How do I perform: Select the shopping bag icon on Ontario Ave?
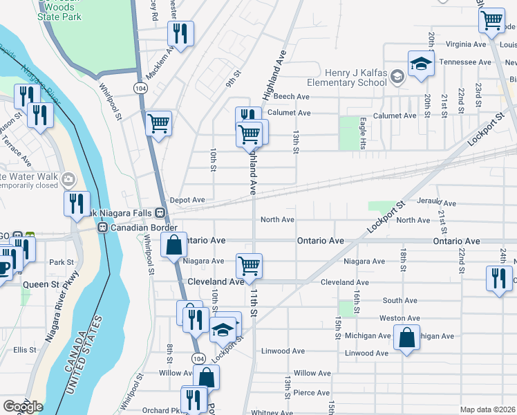coord(173,245)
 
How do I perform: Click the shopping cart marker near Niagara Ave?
coord(249,264)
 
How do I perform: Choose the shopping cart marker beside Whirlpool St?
coord(159,124)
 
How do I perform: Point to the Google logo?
coord(23,407)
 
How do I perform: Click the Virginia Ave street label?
coord(467,44)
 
